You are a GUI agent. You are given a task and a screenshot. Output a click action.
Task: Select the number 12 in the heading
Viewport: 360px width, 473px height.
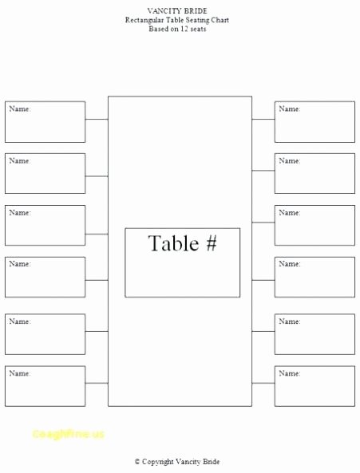184,29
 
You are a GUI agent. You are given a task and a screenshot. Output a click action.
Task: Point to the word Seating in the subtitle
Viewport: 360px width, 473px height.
196,20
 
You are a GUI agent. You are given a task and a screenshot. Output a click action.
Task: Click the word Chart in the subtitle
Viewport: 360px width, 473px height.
220,20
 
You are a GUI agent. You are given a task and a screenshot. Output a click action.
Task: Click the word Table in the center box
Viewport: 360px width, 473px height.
173,243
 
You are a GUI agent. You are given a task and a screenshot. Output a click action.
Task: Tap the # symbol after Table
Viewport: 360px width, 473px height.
212,243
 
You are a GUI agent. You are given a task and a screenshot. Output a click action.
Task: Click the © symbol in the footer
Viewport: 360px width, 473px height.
137,462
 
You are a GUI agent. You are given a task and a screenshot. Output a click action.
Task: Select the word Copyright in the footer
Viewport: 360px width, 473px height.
157,462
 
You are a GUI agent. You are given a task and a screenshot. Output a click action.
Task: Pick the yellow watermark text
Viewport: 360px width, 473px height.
68,434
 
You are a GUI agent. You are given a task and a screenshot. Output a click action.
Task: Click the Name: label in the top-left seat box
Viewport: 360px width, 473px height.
20,109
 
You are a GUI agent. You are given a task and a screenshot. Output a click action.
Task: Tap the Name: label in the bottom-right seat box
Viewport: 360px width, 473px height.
290,373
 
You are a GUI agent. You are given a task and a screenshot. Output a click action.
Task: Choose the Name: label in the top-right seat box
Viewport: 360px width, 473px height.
290,109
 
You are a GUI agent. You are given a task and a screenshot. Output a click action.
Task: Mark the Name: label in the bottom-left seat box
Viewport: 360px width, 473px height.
20,373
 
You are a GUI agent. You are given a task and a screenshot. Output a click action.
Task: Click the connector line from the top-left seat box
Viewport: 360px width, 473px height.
97,119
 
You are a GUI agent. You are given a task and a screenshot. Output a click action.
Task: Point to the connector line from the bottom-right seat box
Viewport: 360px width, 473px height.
263,383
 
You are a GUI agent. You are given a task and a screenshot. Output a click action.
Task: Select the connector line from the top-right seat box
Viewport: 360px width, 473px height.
263,119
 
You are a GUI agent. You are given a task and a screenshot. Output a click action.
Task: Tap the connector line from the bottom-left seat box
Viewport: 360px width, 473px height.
97,383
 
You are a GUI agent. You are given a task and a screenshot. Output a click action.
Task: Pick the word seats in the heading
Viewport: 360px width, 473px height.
198,30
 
